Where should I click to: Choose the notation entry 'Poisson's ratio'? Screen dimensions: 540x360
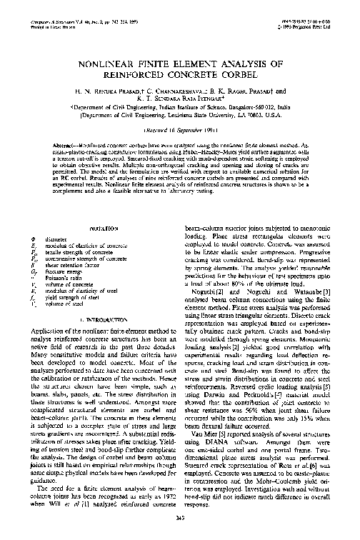[x=64, y=274]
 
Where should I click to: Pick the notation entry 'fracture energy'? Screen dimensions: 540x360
[x=63, y=269]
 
